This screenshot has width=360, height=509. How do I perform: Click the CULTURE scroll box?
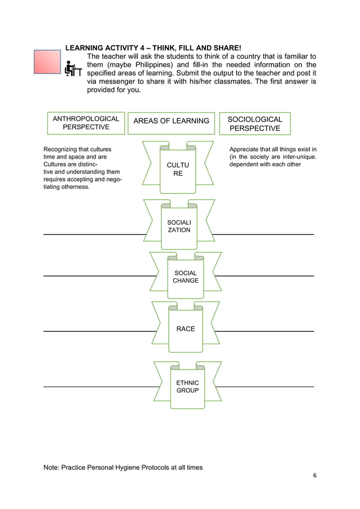[x=178, y=169]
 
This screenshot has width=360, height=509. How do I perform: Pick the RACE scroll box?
[x=185, y=328]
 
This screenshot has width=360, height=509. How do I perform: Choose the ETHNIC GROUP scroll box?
[x=187, y=387]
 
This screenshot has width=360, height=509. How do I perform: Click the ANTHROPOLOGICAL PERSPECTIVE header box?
[x=86, y=123]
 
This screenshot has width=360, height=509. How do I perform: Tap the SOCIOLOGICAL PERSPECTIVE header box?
[x=254, y=124]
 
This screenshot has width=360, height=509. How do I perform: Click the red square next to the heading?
[x=47, y=62]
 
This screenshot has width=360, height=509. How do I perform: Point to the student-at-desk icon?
[x=73, y=69]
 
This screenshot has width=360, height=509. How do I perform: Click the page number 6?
[x=315, y=475]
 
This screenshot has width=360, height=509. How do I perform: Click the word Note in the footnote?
[x=51, y=467]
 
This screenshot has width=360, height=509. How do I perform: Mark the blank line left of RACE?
[x=99, y=331]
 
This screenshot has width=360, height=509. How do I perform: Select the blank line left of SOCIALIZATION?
[x=93, y=234]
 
